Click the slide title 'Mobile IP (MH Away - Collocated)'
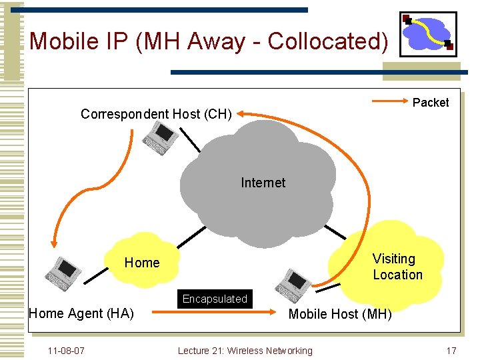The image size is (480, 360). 209,41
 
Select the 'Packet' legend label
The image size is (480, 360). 431,103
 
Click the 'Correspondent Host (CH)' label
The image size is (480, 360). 156,114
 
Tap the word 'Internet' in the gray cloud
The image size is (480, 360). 263,183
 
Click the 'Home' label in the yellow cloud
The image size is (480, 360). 142,263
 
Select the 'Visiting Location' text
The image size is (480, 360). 397,267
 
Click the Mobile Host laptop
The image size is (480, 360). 293,285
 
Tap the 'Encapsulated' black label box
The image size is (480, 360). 215,299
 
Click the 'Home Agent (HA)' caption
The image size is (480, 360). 81,313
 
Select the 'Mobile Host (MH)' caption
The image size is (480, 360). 340,314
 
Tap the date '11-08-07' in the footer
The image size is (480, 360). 66,351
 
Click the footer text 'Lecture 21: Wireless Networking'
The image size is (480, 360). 245,351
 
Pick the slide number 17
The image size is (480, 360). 451,351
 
